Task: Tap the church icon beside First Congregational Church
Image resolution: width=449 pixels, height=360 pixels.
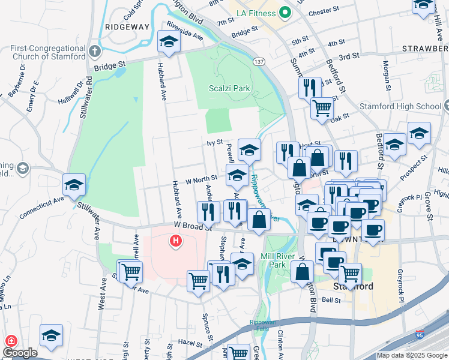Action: tap(95, 52)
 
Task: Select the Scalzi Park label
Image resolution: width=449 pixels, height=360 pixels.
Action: tap(229, 88)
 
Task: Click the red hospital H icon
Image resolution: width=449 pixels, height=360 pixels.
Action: tap(175, 241)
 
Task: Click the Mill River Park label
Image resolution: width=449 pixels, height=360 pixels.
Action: tap(281, 260)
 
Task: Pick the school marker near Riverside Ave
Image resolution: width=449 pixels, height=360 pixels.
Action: tap(169, 42)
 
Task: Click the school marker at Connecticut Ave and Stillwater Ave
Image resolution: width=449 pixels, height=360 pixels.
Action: tap(74, 184)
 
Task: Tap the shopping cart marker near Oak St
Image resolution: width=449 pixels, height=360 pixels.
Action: tap(322, 109)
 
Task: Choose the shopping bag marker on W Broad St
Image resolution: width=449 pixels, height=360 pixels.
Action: tap(259, 220)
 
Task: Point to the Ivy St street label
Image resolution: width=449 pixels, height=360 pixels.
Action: tap(215, 143)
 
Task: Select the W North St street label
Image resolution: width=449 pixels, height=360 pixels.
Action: tap(200, 179)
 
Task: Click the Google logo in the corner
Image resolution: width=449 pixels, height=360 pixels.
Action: tap(19, 353)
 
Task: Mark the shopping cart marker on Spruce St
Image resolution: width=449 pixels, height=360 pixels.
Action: tap(198, 280)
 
